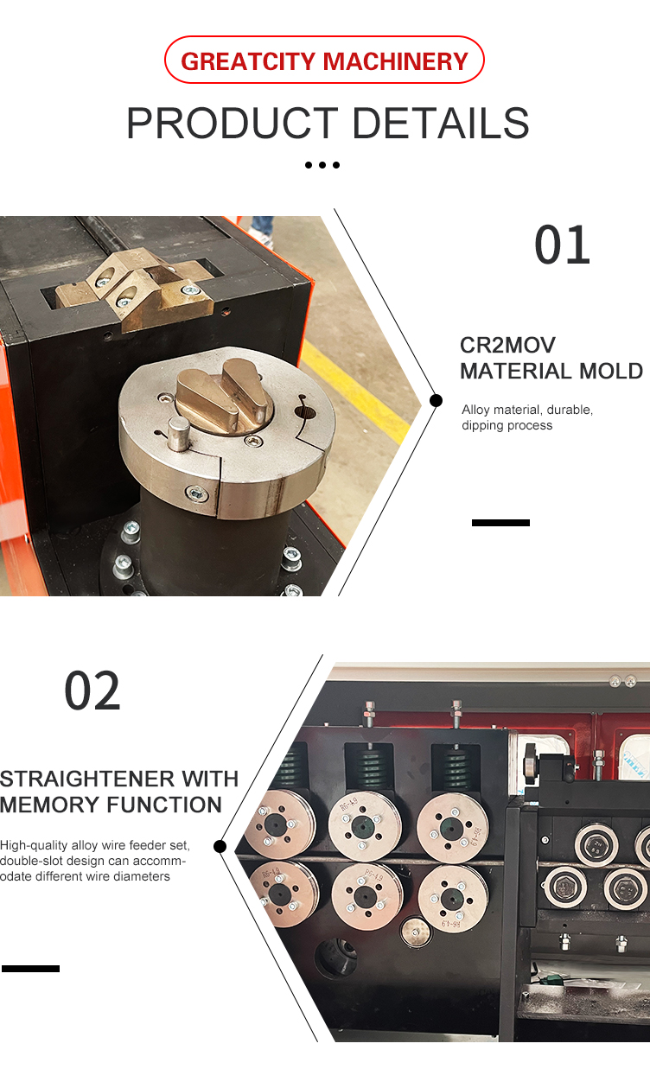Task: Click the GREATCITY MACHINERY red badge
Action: coord(324,60)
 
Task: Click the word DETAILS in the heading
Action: coord(441,124)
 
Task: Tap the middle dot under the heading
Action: coord(322,164)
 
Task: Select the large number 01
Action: coord(563,245)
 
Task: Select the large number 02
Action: coord(92,691)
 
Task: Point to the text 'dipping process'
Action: coord(507,425)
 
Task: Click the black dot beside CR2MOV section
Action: coord(436,400)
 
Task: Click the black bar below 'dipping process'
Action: coord(500,523)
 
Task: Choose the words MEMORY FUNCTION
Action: coord(111,805)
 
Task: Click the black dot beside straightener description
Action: coord(220,846)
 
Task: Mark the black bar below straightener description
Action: coord(30,969)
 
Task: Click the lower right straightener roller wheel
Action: coord(452,898)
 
